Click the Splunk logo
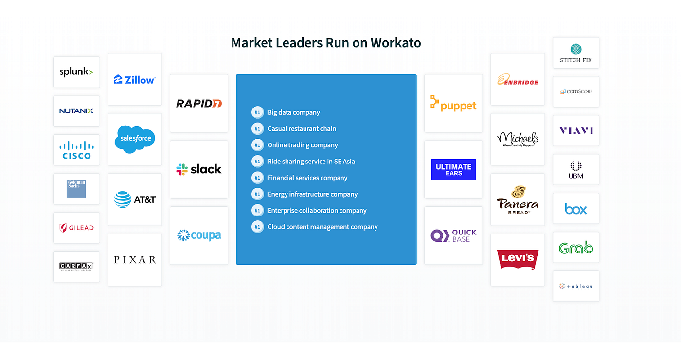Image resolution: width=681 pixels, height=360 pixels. pos(76,72)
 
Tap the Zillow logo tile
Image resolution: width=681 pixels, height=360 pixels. pos(135,79)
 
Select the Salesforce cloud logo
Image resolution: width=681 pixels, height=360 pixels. pos(135,139)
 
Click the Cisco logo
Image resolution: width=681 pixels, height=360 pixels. pos(76,150)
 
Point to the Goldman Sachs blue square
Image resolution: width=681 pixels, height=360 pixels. pos(76,189)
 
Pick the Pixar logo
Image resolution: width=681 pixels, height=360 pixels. pos(135,260)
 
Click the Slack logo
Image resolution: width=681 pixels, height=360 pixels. pos(199,169)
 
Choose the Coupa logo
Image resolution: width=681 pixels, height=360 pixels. pos(199,235)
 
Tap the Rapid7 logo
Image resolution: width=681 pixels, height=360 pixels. pos(199,103)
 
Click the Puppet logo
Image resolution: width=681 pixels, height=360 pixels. pos(453,104)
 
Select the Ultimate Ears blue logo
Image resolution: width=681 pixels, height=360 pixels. pos(453,169)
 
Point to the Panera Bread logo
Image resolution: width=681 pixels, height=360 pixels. pos(518,199)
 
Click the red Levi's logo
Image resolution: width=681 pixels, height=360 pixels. pos(518,259)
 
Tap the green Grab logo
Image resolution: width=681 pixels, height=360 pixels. pos(576,248)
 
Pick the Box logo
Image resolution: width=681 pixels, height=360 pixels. pos(576,209)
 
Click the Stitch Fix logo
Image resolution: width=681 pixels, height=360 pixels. pos(576,53)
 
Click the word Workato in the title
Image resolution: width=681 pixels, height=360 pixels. pos(395,43)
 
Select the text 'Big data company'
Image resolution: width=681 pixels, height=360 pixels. pos(293,112)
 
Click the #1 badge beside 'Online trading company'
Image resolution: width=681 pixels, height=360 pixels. pos(257,145)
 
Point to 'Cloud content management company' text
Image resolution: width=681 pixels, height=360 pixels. pos(323,227)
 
